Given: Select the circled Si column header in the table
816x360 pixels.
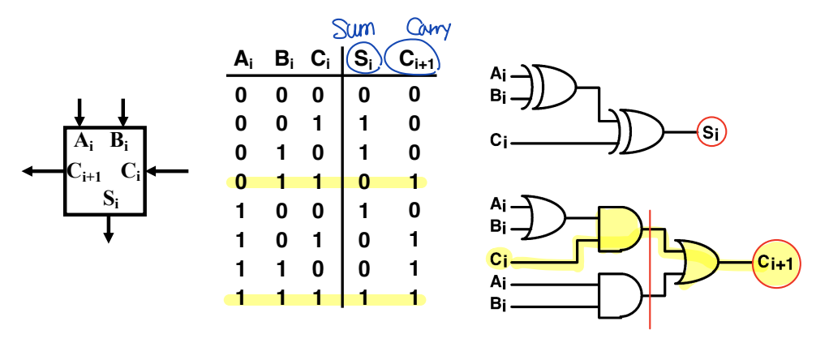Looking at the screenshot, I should tap(361, 58).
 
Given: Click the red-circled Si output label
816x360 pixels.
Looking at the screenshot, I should tap(711, 131).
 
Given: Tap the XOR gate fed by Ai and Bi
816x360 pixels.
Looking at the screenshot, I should tap(554, 87).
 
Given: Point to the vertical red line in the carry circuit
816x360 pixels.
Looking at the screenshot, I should tap(651, 268).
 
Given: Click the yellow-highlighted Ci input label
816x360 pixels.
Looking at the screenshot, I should tap(498, 259).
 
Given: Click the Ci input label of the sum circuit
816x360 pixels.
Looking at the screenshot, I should tap(499, 142).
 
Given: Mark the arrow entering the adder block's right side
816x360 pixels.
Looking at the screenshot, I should tap(168, 171).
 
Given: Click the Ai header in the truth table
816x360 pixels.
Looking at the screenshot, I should tap(243, 59).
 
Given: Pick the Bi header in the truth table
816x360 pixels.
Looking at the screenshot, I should tap(284, 59).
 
